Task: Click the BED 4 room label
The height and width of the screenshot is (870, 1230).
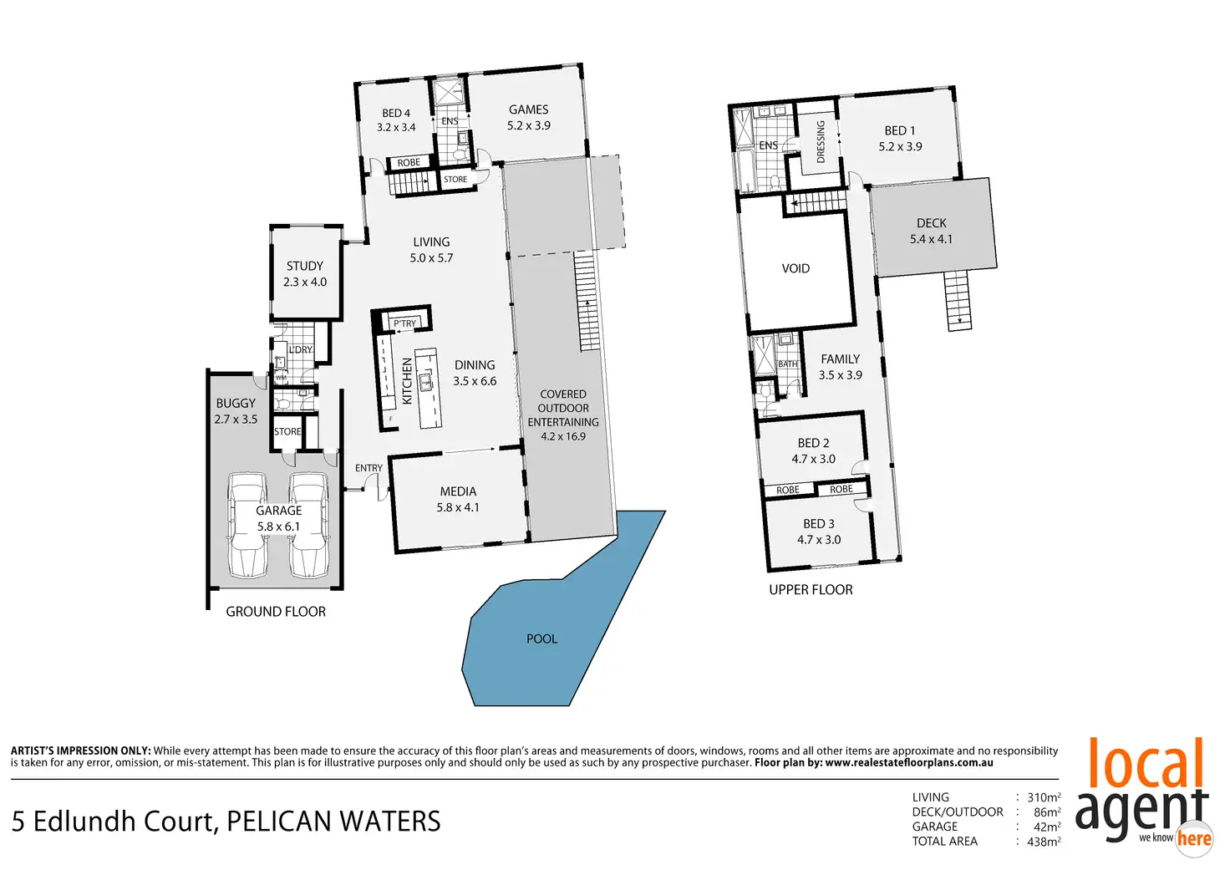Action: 396,120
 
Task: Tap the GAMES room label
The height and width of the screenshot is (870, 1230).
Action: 529,117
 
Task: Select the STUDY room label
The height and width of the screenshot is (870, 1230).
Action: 305,273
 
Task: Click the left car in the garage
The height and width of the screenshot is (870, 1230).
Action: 247,525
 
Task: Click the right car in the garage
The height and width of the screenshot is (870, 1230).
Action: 308,525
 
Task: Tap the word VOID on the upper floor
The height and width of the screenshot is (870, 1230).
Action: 795,268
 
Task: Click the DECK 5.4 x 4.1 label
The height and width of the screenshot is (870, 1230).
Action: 932,231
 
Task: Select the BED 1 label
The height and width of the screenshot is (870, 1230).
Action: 900,138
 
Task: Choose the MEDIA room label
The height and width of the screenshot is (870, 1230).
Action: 458,499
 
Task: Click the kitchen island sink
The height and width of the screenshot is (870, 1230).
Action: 425,383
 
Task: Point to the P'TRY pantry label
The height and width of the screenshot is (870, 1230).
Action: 405,323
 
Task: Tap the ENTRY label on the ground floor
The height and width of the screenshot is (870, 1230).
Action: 368,468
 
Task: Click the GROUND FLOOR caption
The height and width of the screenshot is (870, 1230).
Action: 276,612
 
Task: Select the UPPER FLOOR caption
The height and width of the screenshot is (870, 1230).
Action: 811,589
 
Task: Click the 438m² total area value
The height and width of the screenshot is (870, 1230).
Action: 1044,842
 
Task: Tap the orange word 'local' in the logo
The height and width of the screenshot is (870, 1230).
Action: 1146,764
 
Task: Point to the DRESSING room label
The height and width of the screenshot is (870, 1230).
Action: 821,141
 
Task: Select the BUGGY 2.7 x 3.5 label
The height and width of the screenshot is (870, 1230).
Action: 236,411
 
